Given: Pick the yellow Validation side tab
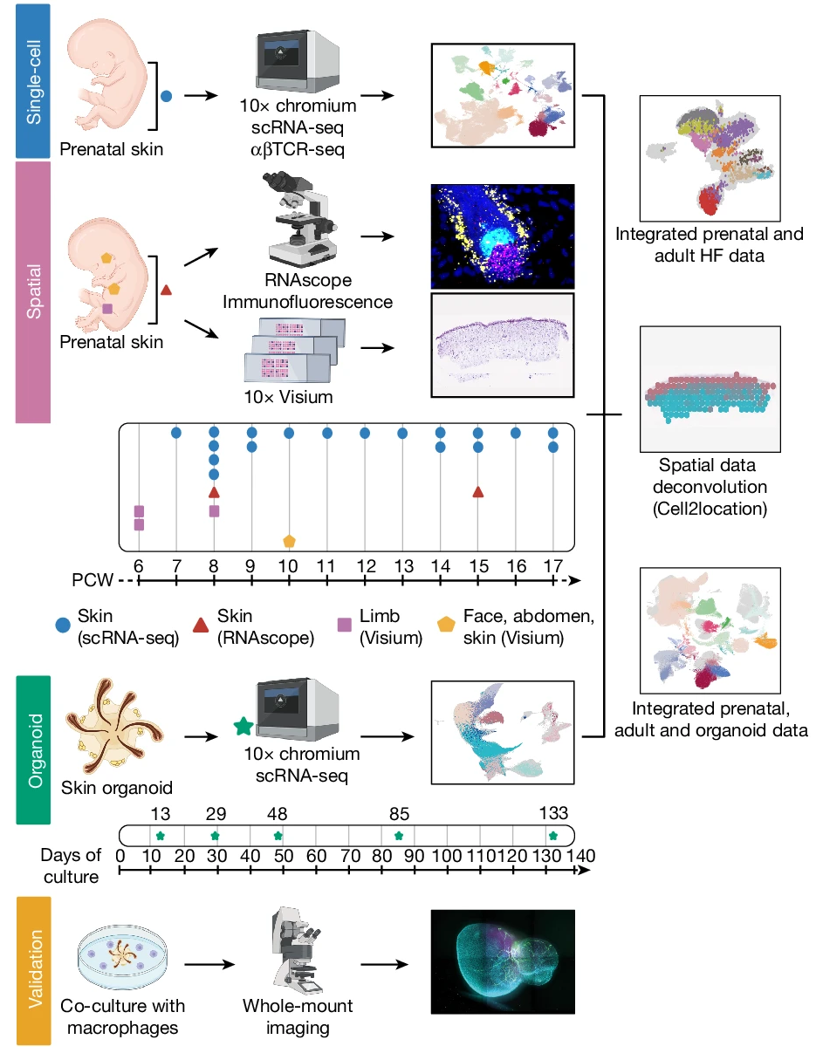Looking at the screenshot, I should (x=33, y=968).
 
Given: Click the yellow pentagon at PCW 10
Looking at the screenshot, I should (x=289, y=541).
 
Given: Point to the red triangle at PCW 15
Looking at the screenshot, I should (x=477, y=492).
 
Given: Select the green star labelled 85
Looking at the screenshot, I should (x=399, y=836).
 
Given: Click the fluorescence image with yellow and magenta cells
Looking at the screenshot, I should (x=503, y=236).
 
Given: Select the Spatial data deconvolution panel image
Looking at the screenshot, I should (x=710, y=388).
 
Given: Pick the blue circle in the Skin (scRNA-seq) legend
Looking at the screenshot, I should (x=64, y=624).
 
